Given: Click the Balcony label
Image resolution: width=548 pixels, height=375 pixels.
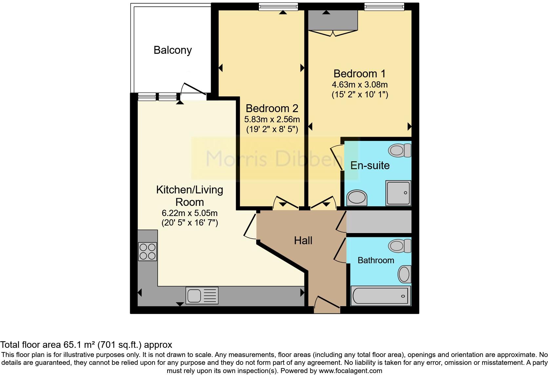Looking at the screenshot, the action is click(172, 50).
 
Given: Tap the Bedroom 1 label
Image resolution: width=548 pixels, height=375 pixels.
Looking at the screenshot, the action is click(360, 73).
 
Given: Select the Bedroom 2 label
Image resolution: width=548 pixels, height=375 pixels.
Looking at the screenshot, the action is click(272, 108).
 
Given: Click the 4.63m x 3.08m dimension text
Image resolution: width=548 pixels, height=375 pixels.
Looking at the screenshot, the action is click(360, 85).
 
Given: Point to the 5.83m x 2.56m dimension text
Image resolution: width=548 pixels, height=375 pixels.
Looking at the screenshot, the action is click(272, 119).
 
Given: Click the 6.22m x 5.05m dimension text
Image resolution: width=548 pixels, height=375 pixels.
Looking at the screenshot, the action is click(189, 213).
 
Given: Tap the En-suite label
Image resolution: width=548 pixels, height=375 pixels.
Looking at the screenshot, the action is click(370, 166).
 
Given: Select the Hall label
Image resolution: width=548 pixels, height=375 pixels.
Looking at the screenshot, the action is click(303, 241).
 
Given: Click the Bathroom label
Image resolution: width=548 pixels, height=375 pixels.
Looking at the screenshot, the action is click(376, 260).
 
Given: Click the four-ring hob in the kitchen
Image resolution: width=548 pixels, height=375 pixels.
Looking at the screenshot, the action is click(147, 251).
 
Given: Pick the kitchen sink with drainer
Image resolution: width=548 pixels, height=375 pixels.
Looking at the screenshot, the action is click(202, 295).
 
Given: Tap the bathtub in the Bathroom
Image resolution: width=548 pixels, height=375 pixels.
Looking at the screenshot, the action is click(381, 296).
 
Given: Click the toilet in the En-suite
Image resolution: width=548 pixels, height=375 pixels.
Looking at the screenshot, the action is click(400, 150).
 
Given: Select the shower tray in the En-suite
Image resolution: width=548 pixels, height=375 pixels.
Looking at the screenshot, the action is click(398, 193).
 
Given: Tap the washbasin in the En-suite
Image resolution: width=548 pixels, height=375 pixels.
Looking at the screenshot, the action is click(357, 198).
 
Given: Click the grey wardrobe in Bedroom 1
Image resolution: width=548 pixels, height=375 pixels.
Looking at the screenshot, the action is click(333, 20).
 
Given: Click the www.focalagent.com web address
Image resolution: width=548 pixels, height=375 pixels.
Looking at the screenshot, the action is click(350, 371).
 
